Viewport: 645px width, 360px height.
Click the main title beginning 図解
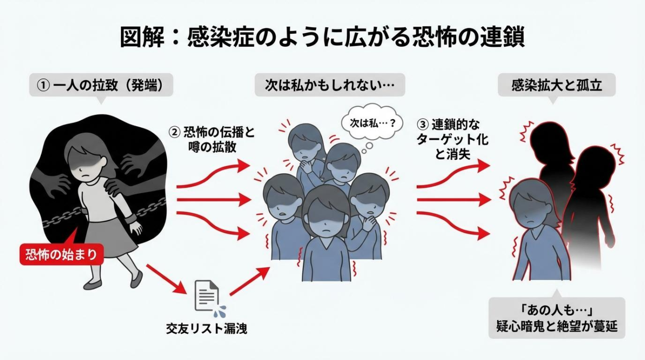(x=322, y=37)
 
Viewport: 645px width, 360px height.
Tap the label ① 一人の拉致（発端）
(x=101, y=85)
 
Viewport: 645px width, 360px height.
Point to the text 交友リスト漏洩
(x=207, y=329)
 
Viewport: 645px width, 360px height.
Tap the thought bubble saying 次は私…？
(x=367, y=123)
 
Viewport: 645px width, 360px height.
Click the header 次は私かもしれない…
(x=330, y=85)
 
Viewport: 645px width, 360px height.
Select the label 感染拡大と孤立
(x=556, y=85)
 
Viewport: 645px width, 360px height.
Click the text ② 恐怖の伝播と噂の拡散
(x=212, y=140)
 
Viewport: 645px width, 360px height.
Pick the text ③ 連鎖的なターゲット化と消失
(x=453, y=140)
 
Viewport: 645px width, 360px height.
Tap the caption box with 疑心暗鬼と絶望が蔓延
(x=556, y=318)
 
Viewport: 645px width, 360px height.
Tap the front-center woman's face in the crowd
(x=326, y=217)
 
